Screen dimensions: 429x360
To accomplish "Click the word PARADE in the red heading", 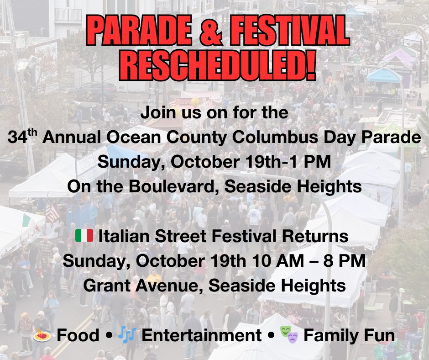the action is click(x=139, y=30).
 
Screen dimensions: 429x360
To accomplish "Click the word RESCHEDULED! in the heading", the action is click(x=218, y=65).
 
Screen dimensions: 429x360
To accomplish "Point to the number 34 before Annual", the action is click(x=17, y=137).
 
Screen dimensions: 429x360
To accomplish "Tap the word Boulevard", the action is click(x=172, y=186).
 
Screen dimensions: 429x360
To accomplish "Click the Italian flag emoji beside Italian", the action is click(x=84, y=236).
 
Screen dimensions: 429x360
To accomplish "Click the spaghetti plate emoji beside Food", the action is click(x=42, y=335).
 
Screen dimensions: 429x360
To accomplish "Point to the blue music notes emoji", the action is click(x=127, y=335).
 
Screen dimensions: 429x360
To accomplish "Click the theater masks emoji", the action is click(x=289, y=335).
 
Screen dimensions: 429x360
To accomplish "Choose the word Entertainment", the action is click(x=202, y=335).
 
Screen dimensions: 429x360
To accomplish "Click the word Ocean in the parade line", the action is click(x=134, y=137).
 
